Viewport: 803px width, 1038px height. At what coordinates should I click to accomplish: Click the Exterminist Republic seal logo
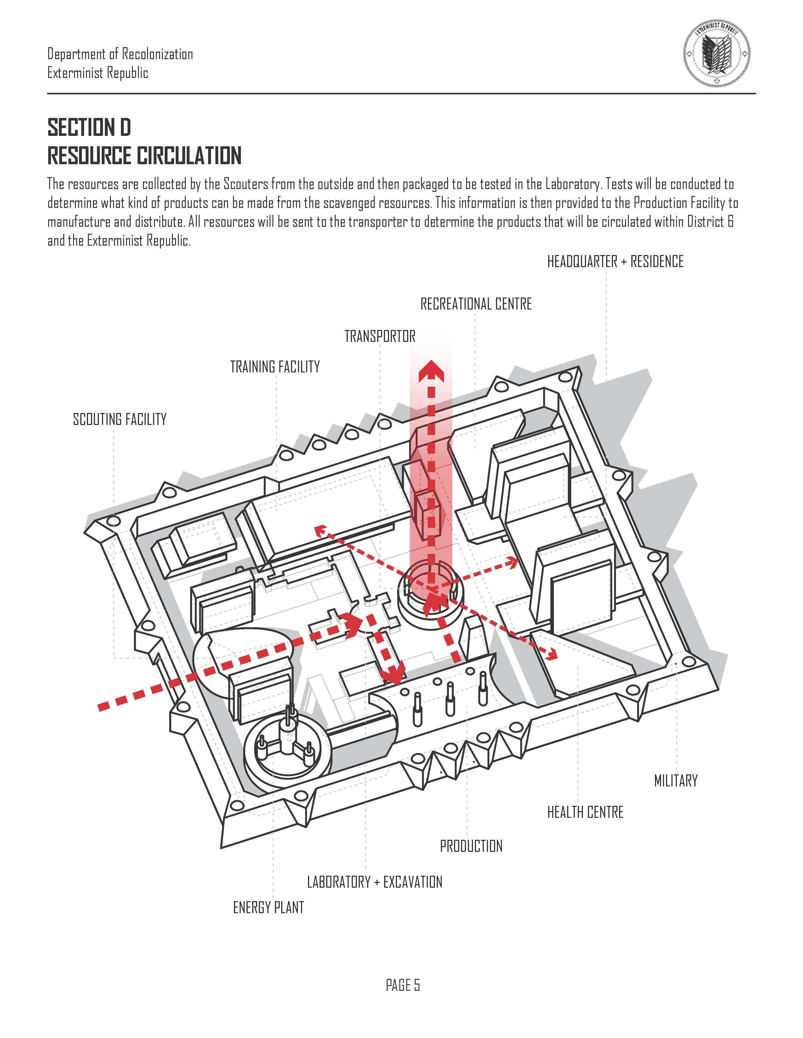click(x=717, y=53)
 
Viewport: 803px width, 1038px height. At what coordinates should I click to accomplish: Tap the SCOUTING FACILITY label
click(x=119, y=419)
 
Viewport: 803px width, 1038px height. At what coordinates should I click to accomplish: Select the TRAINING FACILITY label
click(x=275, y=367)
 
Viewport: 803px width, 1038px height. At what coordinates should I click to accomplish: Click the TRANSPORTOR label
click(x=380, y=337)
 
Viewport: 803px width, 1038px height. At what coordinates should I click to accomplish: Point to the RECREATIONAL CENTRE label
click(x=476, y=304)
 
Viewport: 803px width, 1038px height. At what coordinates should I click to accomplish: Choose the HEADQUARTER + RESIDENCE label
click(x=615, y=262)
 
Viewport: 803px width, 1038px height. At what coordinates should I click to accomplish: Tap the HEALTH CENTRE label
click(x=585, y=812)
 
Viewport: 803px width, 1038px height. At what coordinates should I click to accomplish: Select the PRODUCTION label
click(x=471, y=846)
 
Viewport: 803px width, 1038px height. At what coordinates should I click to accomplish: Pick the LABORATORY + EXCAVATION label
click(x=374, y=882)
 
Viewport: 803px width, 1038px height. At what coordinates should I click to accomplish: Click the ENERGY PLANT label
click(x=268, y=908)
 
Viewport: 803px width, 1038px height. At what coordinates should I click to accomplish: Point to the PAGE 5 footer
click(x=402, y=985)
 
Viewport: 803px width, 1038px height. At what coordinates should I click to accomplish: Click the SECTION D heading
click(x=89, y=127)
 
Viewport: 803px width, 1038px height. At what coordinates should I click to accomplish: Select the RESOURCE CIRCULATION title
click(x=144, y=156)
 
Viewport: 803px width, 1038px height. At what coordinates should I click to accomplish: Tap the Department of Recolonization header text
click(x=120, y=54)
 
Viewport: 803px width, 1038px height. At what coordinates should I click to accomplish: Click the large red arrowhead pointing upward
click(x=431, y=371)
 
